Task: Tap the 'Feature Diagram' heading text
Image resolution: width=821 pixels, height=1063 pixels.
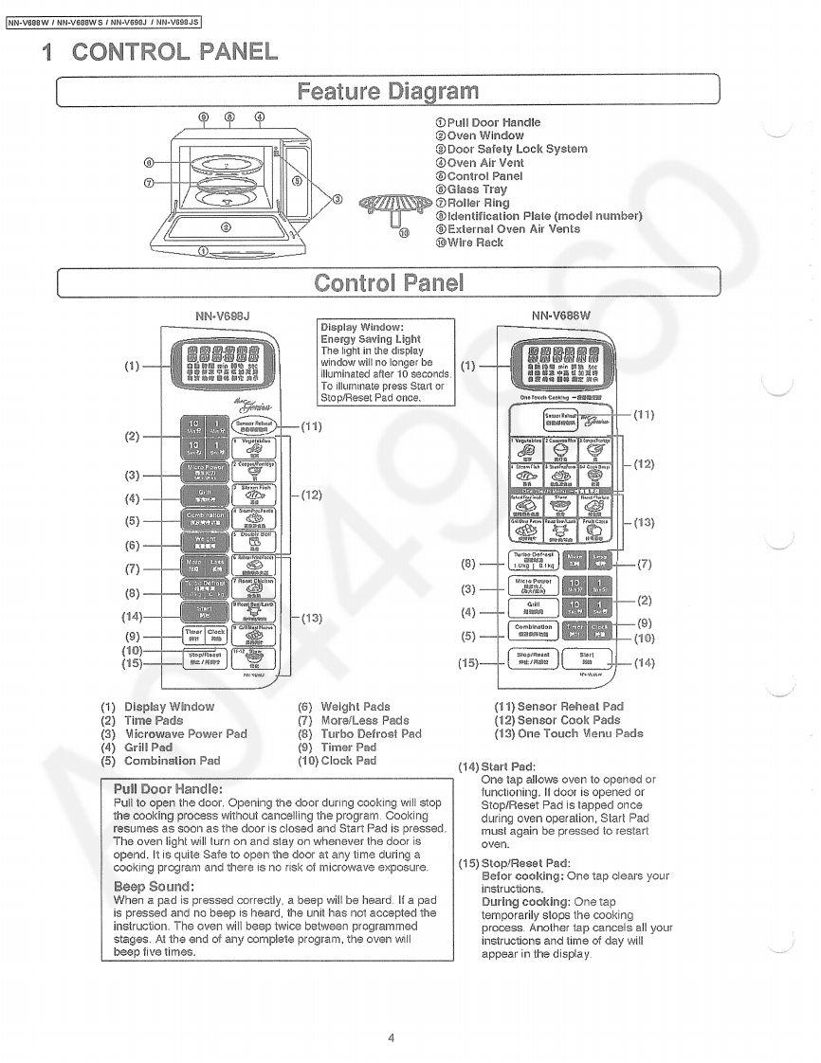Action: click(x=388, y=92)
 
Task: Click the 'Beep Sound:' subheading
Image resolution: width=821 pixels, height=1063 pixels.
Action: click(x=154, y=887)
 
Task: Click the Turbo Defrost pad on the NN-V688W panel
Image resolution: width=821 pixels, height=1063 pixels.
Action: click(x=534, y=560)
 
